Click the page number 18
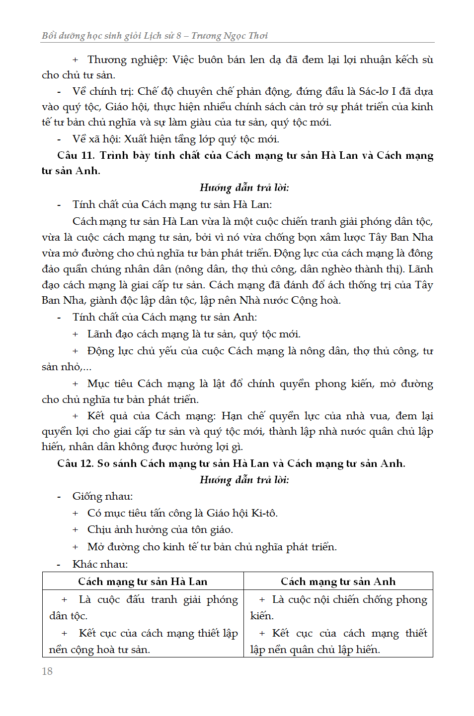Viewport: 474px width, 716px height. click(47, 671)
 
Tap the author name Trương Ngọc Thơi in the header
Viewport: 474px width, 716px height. click(230, 36)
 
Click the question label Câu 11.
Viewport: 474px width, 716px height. click(76, 155)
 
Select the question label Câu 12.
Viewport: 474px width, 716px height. click(76, 463)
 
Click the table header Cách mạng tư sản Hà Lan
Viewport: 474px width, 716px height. click(143, 582)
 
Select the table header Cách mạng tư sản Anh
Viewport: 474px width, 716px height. click(338, 582)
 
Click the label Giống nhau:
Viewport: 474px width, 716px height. click(102, 496)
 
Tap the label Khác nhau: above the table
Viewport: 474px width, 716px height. click(100, 564)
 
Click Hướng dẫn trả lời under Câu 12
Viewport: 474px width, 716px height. click(244, 480)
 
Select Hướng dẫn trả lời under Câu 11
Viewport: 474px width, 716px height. click(244, 188)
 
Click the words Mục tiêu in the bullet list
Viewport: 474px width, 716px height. click(110, 384)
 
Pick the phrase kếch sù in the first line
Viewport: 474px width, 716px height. click(414, 60)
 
